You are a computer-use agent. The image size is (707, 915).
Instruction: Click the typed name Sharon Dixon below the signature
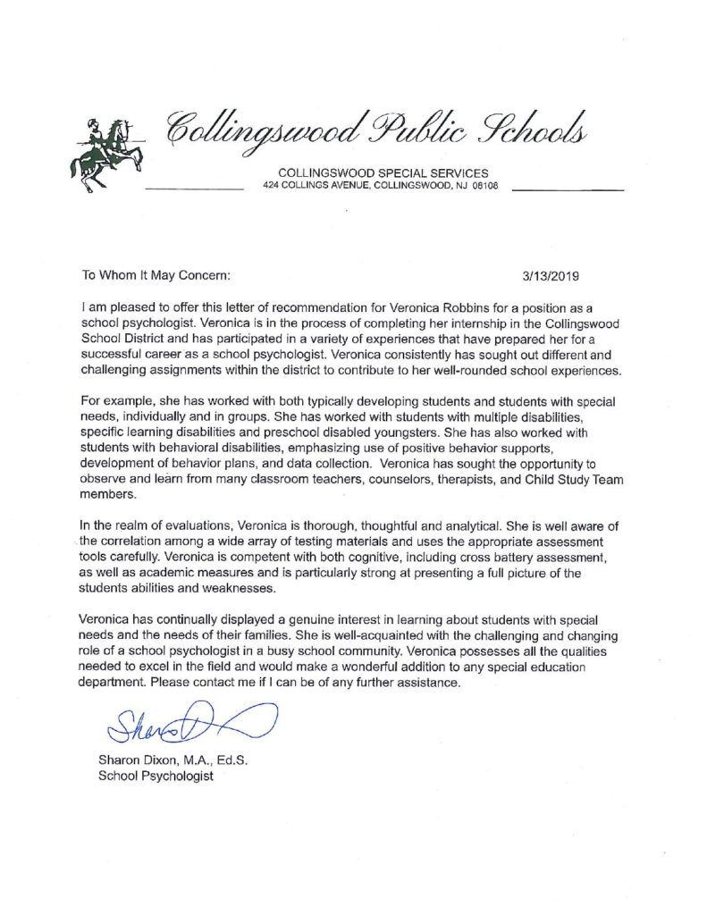tap(138, 760)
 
